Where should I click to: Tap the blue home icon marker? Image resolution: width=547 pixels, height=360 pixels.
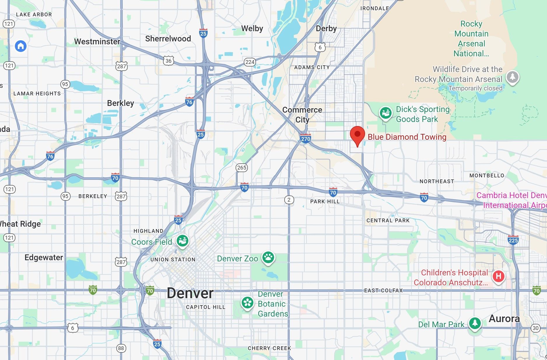click(x=21, y=46)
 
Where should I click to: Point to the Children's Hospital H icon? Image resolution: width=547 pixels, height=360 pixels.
click(x=498, y=276)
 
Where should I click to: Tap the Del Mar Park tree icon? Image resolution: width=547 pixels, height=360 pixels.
click(x=475, y=323)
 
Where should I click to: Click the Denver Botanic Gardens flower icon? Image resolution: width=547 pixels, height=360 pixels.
click(x=248, y=303)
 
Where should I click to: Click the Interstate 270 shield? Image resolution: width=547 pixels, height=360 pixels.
click(x=306, y=138)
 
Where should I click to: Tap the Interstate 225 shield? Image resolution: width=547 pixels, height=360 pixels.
click(x=513, y=240)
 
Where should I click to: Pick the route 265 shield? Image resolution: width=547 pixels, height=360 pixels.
click(x=242, y=167)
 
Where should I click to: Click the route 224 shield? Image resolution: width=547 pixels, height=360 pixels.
click(x=250, y=62)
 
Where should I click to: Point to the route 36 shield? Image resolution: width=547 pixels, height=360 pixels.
click(x=169, y=61)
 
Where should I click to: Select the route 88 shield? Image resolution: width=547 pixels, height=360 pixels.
click(x=121, y=348)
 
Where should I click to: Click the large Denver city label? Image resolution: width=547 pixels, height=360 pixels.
click(x=190, y=293)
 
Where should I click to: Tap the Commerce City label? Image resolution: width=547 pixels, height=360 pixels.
click(x=302, y=115)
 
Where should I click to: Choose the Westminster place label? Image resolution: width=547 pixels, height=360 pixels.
click(x=97, y=42)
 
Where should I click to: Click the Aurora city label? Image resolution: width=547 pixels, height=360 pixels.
click(x=504, y=319)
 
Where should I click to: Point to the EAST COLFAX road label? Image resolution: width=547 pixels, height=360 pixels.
click(x=383, y=290)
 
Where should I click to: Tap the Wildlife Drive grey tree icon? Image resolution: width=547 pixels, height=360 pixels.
click(x=513, y=77)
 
